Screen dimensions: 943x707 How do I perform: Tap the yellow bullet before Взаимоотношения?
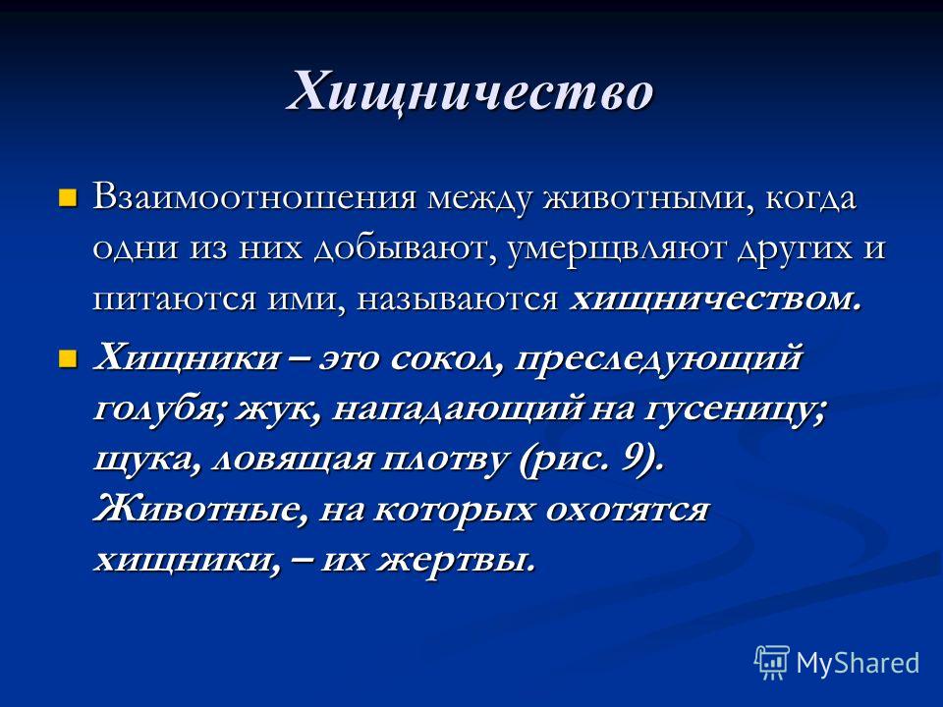(68, 197)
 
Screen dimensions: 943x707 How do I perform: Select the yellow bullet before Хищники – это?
(68, 358)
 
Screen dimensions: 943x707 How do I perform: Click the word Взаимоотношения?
(254, 198)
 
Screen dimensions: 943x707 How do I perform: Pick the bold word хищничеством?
(716, 299)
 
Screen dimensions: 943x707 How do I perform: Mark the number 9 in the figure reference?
(632, 461)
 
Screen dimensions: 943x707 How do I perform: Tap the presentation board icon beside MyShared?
(772, 662)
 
